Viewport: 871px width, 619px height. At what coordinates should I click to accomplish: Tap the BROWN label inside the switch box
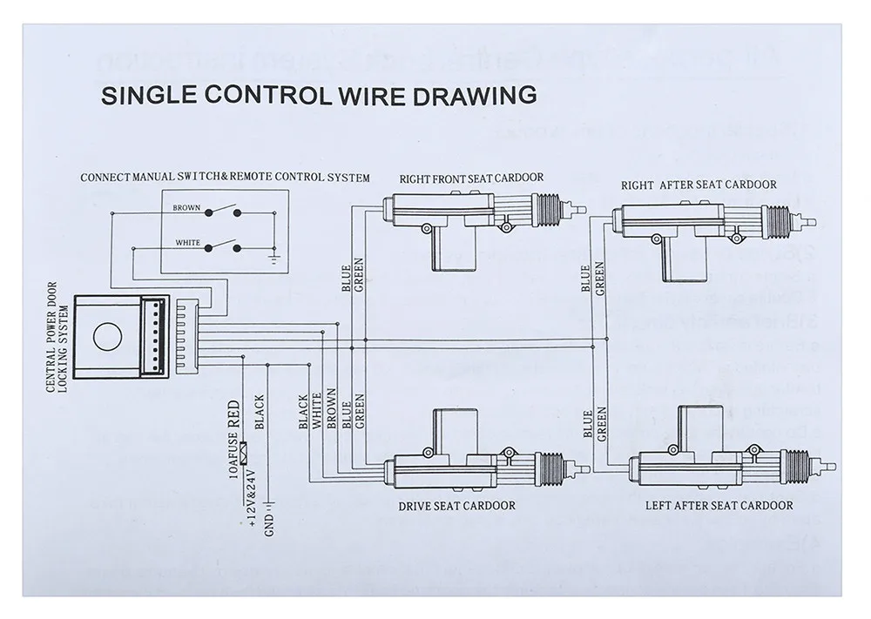[186, 208]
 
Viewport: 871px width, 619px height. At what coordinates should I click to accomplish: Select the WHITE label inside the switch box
[187, 243]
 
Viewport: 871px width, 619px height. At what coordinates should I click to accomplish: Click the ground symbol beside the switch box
[275, 258]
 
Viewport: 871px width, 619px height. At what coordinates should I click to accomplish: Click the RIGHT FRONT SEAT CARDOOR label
[471, 178]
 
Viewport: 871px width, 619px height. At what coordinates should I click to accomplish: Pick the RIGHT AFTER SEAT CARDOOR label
[698, 185]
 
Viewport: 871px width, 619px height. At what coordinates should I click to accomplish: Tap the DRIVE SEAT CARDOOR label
[456, 505]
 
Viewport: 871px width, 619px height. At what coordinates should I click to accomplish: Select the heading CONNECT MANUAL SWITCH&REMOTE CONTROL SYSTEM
[225, 178]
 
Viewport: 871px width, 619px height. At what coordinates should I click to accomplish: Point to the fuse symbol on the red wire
[246, 454]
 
